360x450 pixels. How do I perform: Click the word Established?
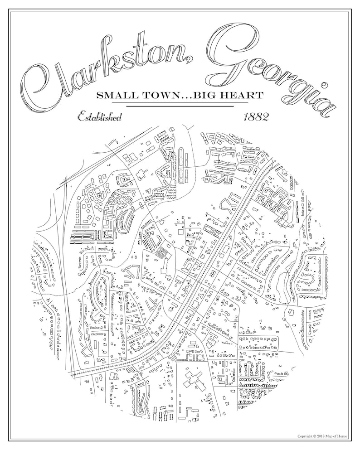point(99,117)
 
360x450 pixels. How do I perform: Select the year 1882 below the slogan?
point(256,117)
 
